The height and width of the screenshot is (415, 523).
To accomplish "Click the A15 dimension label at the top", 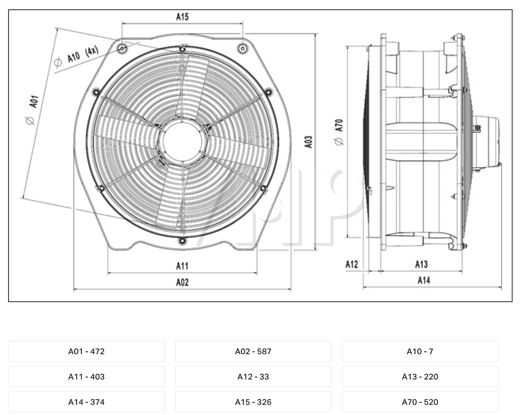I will (182, 17).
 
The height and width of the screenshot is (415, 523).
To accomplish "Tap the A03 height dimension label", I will (309, 142).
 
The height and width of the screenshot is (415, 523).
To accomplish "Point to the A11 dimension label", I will (182, 266).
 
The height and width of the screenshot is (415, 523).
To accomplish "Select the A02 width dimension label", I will (182, 282).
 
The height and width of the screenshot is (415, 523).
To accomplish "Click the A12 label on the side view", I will (351, 264).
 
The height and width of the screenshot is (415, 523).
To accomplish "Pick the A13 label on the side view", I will (421, 264).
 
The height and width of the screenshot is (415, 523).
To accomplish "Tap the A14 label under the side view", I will (424, 280).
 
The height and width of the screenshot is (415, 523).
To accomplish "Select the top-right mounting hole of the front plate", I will (242, 48).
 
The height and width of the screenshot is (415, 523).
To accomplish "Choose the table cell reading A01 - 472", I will (86, 351).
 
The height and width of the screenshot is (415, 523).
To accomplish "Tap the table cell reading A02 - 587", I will (253, 351).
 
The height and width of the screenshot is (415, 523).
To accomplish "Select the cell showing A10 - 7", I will (420, 351).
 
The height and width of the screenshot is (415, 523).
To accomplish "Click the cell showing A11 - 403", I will (86, 377).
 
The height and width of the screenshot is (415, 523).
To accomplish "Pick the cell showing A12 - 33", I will (253, 377).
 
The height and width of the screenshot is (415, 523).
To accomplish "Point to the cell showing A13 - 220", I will (420, 377).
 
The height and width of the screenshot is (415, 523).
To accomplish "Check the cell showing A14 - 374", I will (86, 402).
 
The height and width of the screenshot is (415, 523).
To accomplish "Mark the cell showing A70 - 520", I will (420, 402).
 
